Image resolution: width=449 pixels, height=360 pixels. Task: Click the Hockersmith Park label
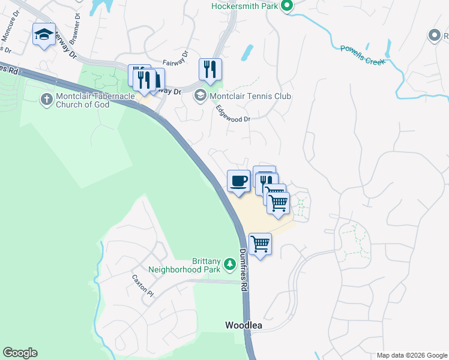pyautogui.click(x=245, y=7)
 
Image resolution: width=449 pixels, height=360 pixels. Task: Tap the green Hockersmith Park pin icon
pyautogui.click(x=287, y=7)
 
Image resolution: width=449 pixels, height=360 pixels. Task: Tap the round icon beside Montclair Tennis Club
pyautogui.click(x=200, y=95)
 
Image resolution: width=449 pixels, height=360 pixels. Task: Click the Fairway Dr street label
pyautogui.click(x=176, y=62)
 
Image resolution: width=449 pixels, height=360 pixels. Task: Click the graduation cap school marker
pyautogui.click(x=44, y=35)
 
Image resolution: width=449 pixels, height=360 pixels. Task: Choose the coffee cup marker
pyautogui.click(x=238, y=181)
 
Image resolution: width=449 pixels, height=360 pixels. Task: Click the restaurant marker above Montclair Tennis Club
pyautogui.click(x=210, y=69)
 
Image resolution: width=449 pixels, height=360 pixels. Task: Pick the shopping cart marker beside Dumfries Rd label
pyautogui.click(x=260, y=244)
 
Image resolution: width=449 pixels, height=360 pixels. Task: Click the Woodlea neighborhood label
pyautogui.click(x=244, y=325)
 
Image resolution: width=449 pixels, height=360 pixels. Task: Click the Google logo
pyautogui.click(x=20, y=353)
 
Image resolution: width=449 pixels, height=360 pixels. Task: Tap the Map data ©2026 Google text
pyautogui.click(x=412, y=355)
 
